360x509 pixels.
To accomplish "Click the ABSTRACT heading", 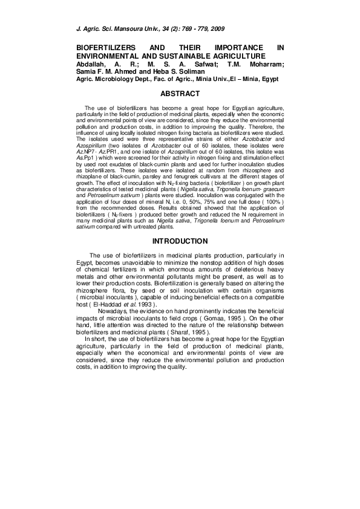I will (180, 94).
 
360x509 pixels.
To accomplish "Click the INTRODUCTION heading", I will (180, 241).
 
